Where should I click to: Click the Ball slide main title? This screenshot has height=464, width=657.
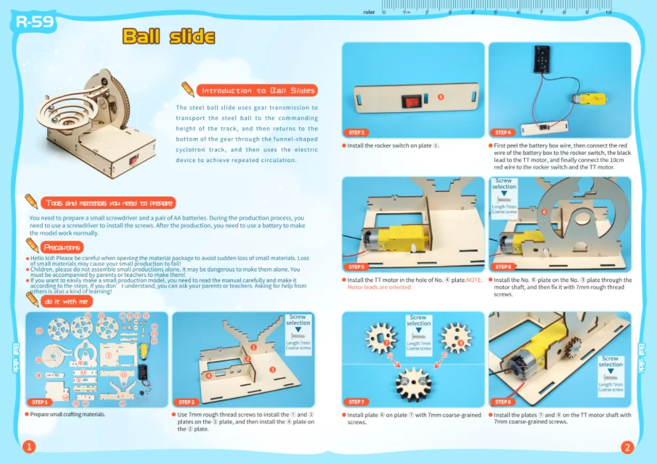tap(169, 37)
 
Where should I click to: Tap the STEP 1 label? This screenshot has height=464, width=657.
tap(39, 402)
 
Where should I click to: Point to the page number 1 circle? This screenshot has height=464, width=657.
tap(29, 447)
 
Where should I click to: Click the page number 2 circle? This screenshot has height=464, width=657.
tap(627, 447)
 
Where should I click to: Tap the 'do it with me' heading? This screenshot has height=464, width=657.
tap(66, 301)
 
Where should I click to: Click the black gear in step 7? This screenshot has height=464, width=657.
tap(413, 383)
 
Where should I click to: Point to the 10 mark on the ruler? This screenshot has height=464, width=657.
tap(608, 11)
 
